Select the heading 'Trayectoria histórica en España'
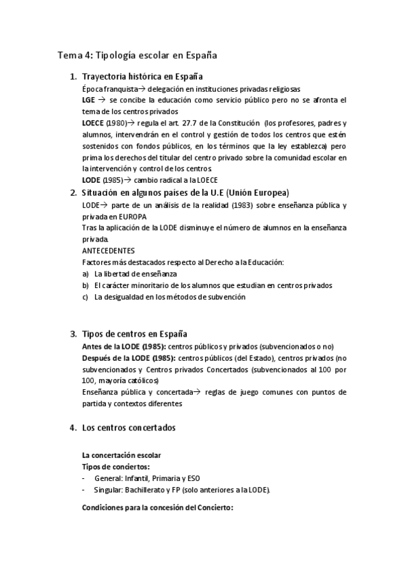coord(142,77)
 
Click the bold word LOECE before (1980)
coord(92,123)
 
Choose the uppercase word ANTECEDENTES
coord(107,250)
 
